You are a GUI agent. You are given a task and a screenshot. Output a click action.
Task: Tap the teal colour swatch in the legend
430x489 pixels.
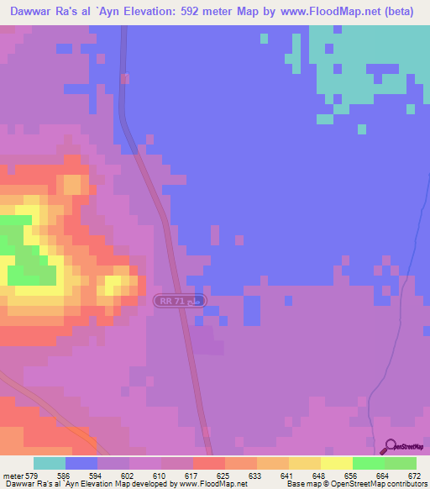coord(50,463)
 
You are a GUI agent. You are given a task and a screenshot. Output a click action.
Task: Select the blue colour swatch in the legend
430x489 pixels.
coord(81,463)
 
